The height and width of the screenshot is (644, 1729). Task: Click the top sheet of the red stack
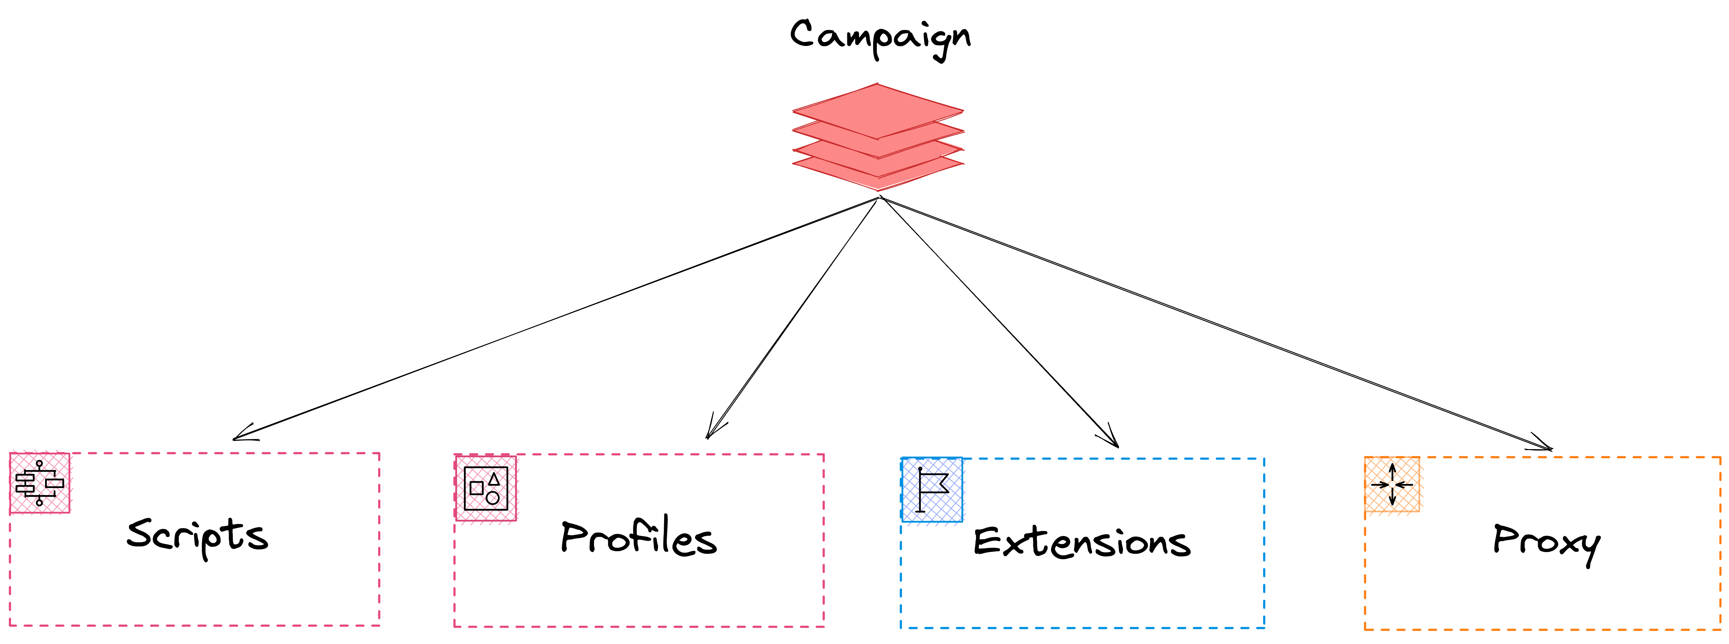click(878, 111)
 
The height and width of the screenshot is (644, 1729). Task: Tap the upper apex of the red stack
click(878, 84)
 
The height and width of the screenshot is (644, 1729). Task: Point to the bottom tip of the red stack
click(878, 191)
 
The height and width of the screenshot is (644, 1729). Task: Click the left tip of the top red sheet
click(793, 111)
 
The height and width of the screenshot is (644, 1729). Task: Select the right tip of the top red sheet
click(963, 111)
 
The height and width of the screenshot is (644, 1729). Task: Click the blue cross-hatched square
click(931, 490)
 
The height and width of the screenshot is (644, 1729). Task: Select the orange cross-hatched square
click(1392, 484)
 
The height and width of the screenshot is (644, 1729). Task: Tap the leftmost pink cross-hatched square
click(39, 483)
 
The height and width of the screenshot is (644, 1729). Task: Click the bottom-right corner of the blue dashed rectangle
click(1264, 628)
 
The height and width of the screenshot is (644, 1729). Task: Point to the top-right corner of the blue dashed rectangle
click(1264, 459)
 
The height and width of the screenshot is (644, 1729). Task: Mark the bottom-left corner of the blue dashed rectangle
click(901, 628)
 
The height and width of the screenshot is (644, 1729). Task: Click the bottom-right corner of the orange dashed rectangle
click(1720, 629)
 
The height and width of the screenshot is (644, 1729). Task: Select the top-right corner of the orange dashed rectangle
click(1720, 457)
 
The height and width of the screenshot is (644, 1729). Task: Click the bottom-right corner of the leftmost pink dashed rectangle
click(379, 625)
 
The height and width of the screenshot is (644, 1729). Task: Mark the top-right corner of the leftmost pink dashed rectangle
click(379, 453)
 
